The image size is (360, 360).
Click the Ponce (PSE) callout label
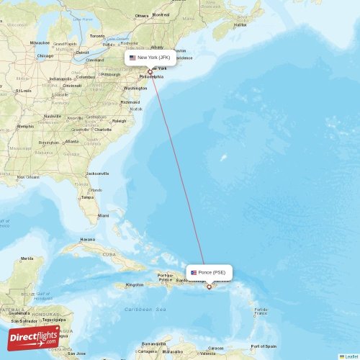(x=210, y=272)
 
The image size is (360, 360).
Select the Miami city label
(x=104, y=215)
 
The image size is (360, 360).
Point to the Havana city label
(x=87, y=239)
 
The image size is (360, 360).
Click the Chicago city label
(x=45, y=55)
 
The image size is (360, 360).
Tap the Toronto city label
(x=96, y=35)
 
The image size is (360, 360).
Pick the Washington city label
(x=135, y=88)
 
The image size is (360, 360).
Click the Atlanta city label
(x=71, y=141)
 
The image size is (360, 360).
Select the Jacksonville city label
(x=97, y=174)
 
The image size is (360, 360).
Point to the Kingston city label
(x=135, y=285)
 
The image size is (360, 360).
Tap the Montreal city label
(x=161, y=14)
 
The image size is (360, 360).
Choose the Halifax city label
(x=239, y=24)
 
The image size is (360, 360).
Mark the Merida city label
(x=27, y=258)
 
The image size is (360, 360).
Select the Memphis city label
(x=26, y=126)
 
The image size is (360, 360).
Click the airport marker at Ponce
(x=210, y=287)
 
